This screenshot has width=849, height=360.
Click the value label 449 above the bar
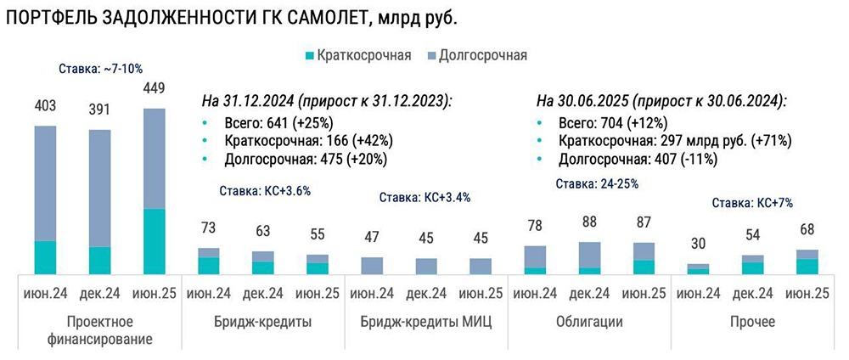point(154,87)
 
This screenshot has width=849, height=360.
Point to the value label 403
point(46,106)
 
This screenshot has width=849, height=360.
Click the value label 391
point(99,110)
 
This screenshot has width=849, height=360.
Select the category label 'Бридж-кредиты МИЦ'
point(425,322)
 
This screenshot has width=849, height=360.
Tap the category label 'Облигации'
point(589,322)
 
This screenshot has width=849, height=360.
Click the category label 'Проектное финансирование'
point(99,330)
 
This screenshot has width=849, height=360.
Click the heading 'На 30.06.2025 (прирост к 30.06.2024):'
point(661,100)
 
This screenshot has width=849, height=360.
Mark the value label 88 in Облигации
point(589,223)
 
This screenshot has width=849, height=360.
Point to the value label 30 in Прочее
point(698,245)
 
